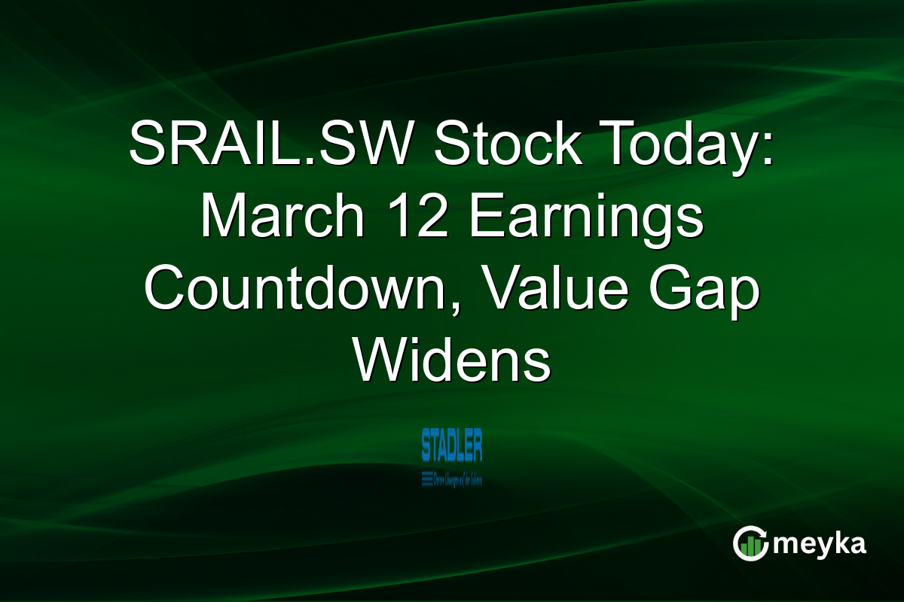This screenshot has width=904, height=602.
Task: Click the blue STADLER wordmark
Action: coord(452,445)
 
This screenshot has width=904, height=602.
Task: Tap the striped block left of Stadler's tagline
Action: coord(427,477)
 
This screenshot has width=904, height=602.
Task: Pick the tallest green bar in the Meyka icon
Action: coord(756,547)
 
